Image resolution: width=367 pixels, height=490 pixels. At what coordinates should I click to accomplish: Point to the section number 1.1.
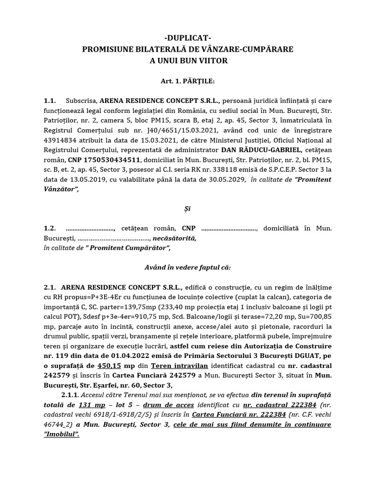click(50, 101)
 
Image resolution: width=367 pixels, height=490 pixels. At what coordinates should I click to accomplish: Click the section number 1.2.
click(50, 229)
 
